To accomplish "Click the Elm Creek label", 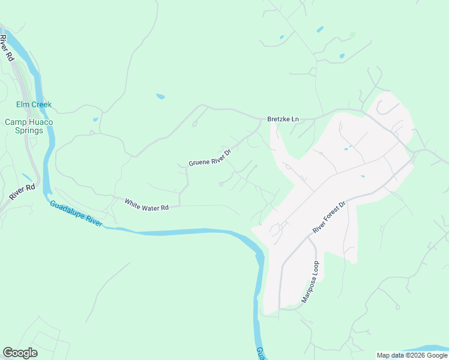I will (x=34, y=104).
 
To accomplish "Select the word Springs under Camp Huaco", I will (x=29, y=130).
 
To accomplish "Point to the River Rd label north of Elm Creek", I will (x=7, y=49).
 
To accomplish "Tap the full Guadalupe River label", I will (x=76, y=212).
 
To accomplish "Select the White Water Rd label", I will (x=146, y=204).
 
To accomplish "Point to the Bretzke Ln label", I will (x=283, y=119).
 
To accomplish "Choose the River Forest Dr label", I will (x=330, y=218).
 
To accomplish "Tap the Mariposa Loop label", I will (x=310, y=281).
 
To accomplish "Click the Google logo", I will (x=20, y=353).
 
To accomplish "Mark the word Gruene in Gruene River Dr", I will (x=199, y=161).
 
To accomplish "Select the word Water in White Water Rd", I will (x=150, y=205).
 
